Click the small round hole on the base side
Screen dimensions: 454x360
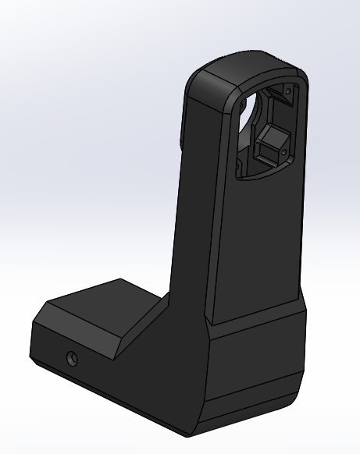tap(72, 359)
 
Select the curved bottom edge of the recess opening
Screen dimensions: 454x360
tap(262, 176)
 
